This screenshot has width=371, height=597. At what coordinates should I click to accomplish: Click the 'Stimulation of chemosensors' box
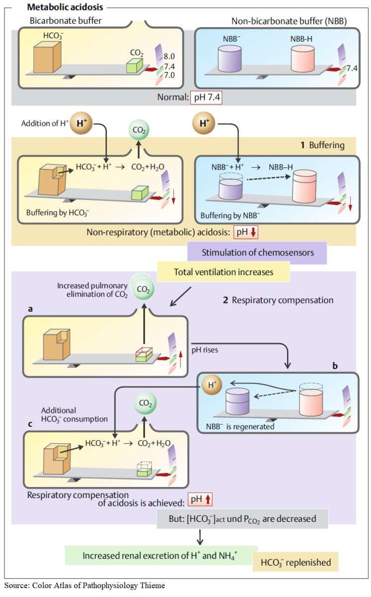coord(257,253)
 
